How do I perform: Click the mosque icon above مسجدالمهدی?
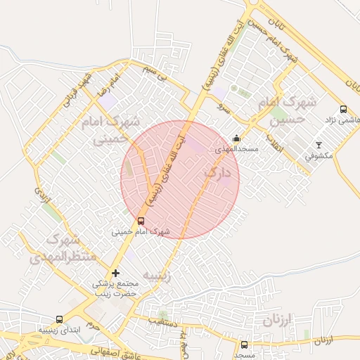pyautogui.click(x=236, y=139)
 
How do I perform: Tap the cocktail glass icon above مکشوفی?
pyautogui.click(x=319, y=145)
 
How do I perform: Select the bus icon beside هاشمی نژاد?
pyautogui.click(x=343, y=109)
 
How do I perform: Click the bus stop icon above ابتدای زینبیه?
pyautogui.click(x=59, y=319)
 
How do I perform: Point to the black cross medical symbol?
pyautogui.click(x=116, y=273)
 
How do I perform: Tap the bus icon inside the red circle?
pyautogui.click(x=141, y=221)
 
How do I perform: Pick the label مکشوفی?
pyautogui.click(x=319, y=155)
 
